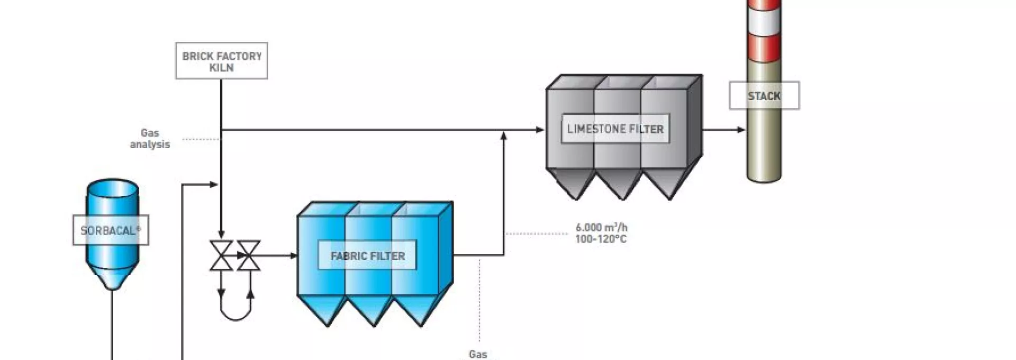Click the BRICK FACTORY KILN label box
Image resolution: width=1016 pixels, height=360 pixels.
point(221,61)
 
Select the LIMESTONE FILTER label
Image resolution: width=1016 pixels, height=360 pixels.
point(615,129)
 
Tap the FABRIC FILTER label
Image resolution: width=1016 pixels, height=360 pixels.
point(368,256)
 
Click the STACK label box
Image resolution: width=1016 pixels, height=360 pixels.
point(764,96)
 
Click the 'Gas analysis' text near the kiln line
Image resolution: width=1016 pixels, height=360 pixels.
point(150,139)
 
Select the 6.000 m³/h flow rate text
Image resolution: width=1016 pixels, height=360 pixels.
point(602,228)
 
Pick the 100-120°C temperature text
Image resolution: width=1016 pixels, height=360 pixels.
point(601,239)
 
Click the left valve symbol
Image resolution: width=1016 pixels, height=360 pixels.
point(221,256)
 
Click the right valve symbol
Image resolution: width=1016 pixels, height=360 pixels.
point(248,256)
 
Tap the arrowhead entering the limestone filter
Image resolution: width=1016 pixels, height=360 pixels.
point(540,130)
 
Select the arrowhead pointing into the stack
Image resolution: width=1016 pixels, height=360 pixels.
point(741,130)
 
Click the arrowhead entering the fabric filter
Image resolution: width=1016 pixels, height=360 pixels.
point(294,256)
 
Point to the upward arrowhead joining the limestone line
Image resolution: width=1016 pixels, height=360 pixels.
point(504,136)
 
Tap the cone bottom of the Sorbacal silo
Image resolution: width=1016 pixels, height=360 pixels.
point(112,276)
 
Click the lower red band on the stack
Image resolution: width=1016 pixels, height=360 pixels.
point(764,48)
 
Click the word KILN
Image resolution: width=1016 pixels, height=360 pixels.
point(221,68)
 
